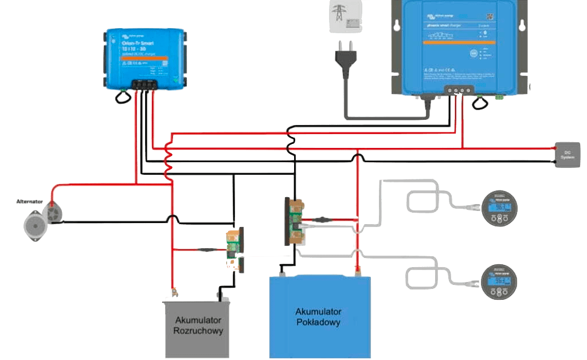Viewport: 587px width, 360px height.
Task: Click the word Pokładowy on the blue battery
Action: coord(319,323)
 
